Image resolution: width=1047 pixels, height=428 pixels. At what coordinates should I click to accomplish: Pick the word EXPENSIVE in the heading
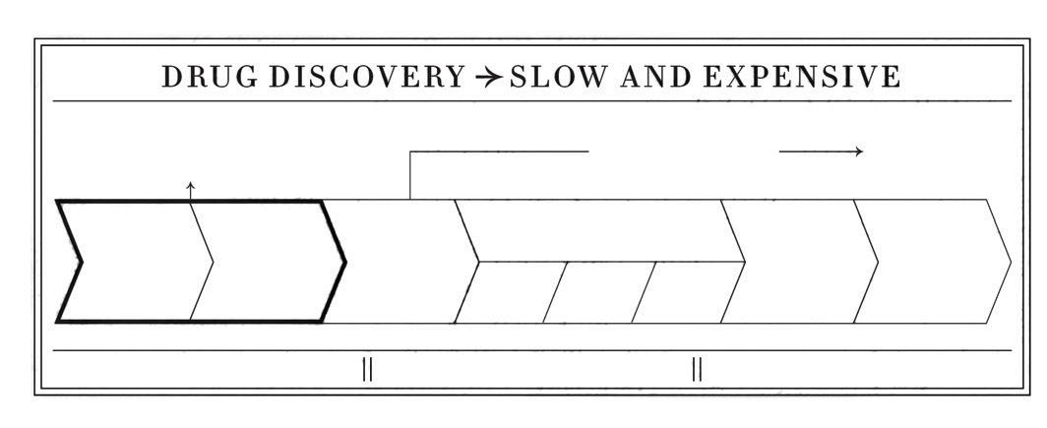coord(802,77)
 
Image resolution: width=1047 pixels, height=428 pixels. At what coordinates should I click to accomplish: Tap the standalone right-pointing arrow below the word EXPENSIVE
coord(821,152)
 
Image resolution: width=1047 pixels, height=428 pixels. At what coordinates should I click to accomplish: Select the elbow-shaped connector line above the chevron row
coord(492,153)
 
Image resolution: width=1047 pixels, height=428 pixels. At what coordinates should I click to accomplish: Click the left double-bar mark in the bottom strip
coord(367,369)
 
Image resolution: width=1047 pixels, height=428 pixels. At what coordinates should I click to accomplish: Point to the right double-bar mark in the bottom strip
coord(697,369)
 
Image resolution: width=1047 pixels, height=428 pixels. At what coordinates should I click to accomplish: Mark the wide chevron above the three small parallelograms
coord(600,230)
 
